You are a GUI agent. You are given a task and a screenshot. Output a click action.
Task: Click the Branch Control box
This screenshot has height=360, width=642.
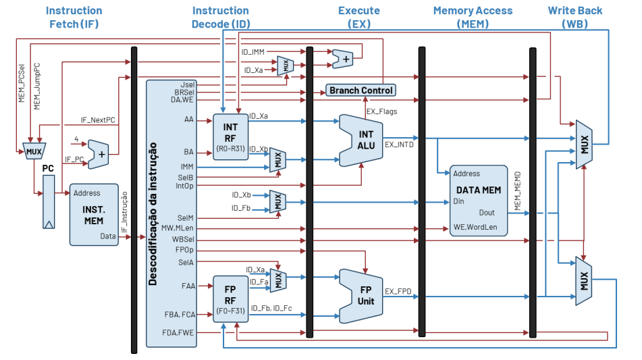[361, 91]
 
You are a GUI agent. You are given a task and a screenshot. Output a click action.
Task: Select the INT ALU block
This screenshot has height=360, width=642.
[365, 140]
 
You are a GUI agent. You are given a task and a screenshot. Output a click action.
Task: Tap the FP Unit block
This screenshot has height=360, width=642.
[365, 296]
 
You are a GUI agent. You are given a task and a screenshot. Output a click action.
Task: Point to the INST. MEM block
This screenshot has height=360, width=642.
[93, 214]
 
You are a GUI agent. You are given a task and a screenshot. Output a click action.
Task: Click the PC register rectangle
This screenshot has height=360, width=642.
[48, 201]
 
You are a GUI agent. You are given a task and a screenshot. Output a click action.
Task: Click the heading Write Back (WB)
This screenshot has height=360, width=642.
[574, 17]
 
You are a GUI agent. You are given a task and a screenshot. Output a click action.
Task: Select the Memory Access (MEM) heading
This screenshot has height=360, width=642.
[473, 17]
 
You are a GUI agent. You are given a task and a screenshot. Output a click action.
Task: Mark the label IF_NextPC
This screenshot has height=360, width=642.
[98, 120]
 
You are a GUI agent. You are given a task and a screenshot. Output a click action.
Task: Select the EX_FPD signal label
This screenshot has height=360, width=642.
[398, 292]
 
